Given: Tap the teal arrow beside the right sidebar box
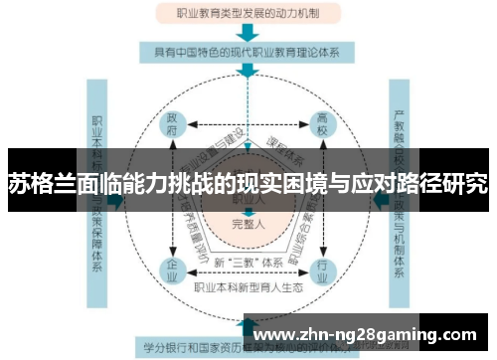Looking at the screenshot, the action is coord(379,200).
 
